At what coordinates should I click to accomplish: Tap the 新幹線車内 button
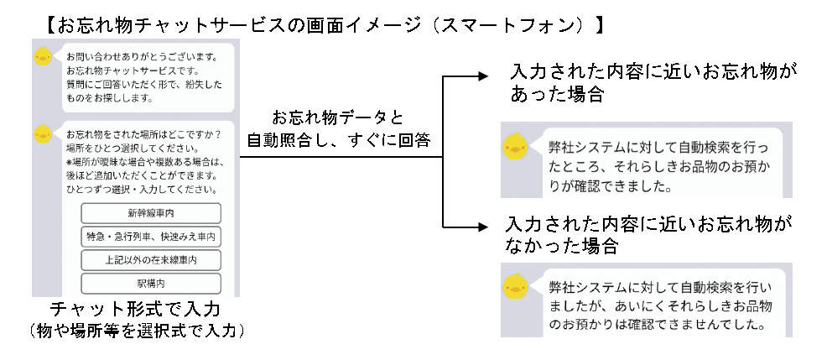[x=151, y=212]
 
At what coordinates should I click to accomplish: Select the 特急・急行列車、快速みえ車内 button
[x=151, y=237]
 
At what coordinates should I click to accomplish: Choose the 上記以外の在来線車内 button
[x=151, y=260]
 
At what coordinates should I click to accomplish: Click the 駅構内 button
[x=151, y=284]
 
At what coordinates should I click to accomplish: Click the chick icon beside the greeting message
[x=43, y=58]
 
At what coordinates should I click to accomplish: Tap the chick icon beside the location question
[x=43, y=132]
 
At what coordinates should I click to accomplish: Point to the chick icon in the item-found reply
[x=514, y=148]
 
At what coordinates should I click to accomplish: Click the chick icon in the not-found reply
[x=514, y=287]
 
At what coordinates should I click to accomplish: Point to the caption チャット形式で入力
[x=135, y=310]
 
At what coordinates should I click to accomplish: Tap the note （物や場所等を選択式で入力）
[x=135, y=331]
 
